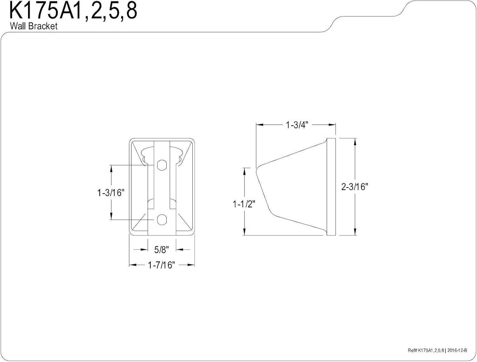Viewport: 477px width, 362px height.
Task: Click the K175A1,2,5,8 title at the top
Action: pyautogui.click(x=73, y=11)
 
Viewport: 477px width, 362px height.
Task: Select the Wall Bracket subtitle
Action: pyautogui.click(x=34, y=26)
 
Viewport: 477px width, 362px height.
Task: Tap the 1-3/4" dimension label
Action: pyautogui.click(x=297, y=125)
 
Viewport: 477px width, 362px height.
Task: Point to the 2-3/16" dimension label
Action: pyautogui.click(x=355, y=187)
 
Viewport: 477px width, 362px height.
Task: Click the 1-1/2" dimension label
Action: pyautogui.click(x=244, y=204)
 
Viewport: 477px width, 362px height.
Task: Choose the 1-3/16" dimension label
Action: pyautogui.click(x=111, y=193)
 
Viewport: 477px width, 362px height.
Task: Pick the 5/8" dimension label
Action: pyautogui.click(x=162, y=250)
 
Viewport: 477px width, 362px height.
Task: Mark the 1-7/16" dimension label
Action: pyautogui.click(x=162, y=265)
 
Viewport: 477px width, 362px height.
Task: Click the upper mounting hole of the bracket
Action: pyautogui.click(x=162, y=165)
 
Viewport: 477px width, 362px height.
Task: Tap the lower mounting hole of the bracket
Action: pyautogui.click(x=162, y=220)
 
